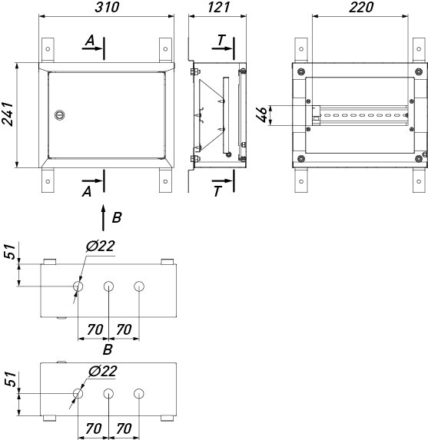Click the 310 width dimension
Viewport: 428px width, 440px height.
click(107, 8)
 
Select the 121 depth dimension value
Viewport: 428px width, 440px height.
click(218, 8)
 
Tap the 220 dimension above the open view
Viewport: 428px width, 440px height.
click(361, 8)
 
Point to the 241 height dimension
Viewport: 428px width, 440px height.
click(8, 114)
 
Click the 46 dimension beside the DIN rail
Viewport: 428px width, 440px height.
click(262, 114)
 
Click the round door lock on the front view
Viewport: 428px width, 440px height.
click(59, 114)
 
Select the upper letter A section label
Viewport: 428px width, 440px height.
click(90, 41)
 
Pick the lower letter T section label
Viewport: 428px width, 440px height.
click(217, 192)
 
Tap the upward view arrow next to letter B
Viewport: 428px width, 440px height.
click(103, 218)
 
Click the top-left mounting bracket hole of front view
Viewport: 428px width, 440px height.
click(48, 49)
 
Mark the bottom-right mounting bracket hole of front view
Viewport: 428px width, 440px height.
click(165, 181)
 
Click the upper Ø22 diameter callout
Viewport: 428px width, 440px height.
click(101, 246)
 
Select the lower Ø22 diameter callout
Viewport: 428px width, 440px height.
click(102, 371)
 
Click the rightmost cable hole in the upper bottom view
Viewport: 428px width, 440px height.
click(139, 286)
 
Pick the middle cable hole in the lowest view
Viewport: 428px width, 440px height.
click(108, 394)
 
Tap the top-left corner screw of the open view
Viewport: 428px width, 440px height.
click(301, 71)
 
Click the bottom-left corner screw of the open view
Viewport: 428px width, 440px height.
click(301, 159)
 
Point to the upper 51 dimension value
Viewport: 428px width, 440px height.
click(9, 251)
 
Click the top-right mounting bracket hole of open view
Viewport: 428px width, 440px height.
click(419, 49)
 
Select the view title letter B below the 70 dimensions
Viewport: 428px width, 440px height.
click(108, 349)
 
